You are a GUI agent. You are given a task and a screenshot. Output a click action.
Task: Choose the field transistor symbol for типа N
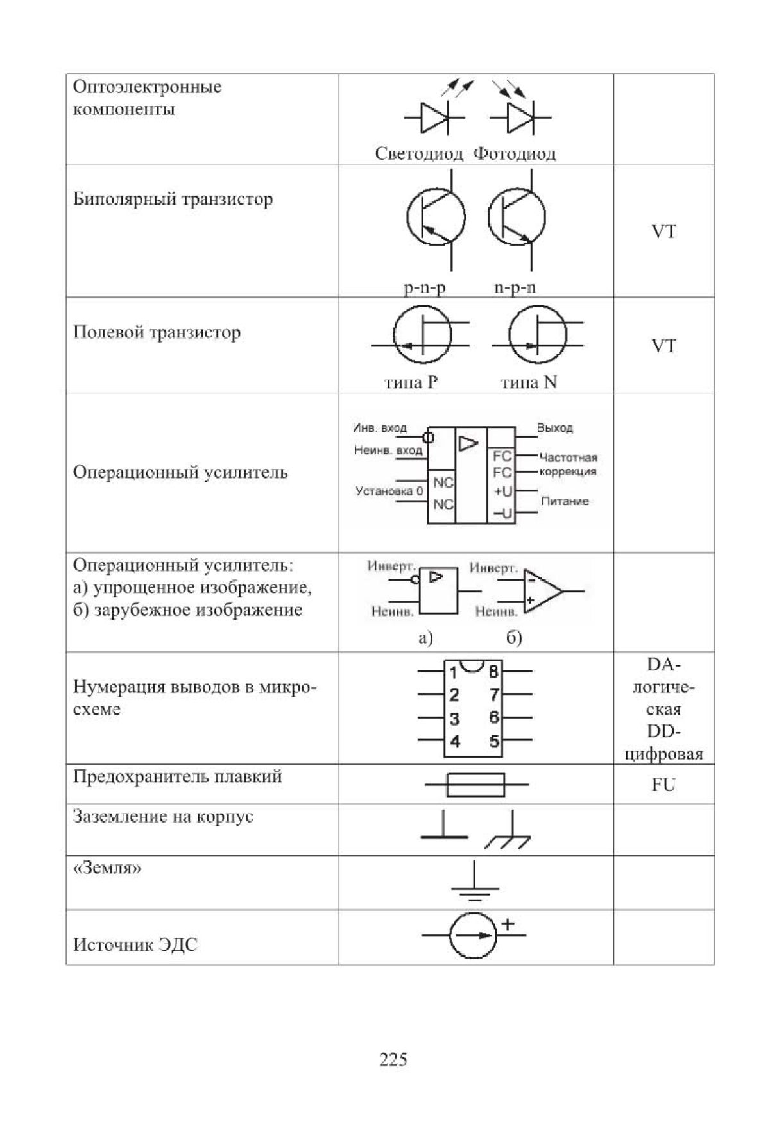coord(538,335)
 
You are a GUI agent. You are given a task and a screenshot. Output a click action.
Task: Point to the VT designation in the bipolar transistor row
coord(663,232)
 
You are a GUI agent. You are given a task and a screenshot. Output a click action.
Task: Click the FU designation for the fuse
coord(663,785)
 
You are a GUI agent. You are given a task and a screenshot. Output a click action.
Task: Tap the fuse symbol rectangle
coord(475,785)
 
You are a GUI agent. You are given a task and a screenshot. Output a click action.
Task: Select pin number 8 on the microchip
coord(493,672)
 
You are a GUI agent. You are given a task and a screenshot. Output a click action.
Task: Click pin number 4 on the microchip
coord(455,742)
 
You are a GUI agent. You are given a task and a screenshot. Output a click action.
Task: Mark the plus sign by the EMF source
coord(508,925)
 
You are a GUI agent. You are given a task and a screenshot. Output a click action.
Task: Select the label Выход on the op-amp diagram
coord(554,428)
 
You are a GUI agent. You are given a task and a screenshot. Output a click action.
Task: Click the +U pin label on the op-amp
coord(503,491)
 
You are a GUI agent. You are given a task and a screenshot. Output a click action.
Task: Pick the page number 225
coord(393,1059)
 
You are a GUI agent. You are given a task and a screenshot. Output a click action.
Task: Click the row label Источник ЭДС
coord(135,944)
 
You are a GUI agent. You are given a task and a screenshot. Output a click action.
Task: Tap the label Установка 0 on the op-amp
coord(389,491)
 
